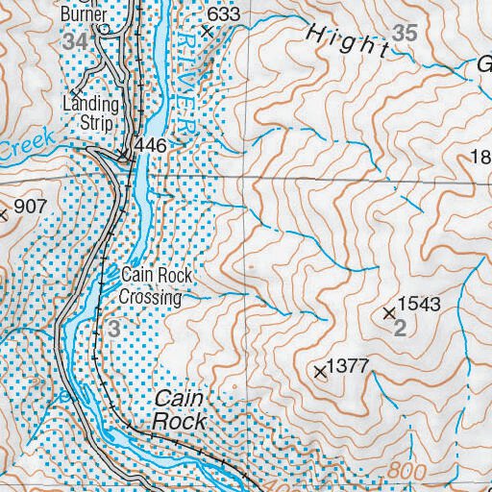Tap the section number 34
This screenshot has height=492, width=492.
coord(77,41)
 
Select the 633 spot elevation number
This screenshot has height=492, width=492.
coord(223,14)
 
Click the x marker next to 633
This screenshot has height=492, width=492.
coord(204,30)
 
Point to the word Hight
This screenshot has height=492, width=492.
coord(349,41)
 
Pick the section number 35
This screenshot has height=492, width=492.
coord(406,33)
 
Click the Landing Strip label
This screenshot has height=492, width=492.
coord(91,113)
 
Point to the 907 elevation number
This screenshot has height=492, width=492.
coord(31,206)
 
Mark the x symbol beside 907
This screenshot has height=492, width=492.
coord(4,215)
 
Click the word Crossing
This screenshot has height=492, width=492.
coord(150,297)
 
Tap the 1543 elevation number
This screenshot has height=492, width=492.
coord(419,305)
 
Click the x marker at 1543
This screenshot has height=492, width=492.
coord(389,313)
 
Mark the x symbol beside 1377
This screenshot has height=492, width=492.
coord(320,371)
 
